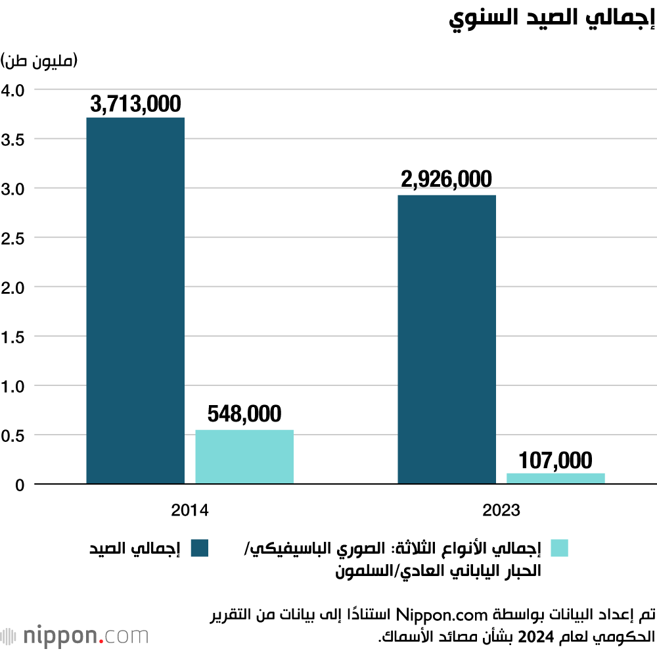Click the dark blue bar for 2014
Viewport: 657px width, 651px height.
point(135,301)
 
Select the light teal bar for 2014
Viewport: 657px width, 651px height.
point(244,456)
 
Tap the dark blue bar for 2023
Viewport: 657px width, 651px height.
point(447,339)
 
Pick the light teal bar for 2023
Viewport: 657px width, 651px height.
point(555,478)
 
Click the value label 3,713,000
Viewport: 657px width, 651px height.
point(135,104)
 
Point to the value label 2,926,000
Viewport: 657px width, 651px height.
point(447,180)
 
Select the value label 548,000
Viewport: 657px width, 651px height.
point(244,414)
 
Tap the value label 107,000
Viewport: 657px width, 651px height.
point(555,460)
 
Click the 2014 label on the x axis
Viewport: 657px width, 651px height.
point(190,510)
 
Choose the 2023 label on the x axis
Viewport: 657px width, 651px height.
point(501,510)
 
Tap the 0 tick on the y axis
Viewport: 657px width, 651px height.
point(20,485)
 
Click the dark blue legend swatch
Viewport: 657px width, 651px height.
point(200,548)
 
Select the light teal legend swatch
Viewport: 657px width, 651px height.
point(559,548)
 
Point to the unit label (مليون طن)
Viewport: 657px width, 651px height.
point(40,61)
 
